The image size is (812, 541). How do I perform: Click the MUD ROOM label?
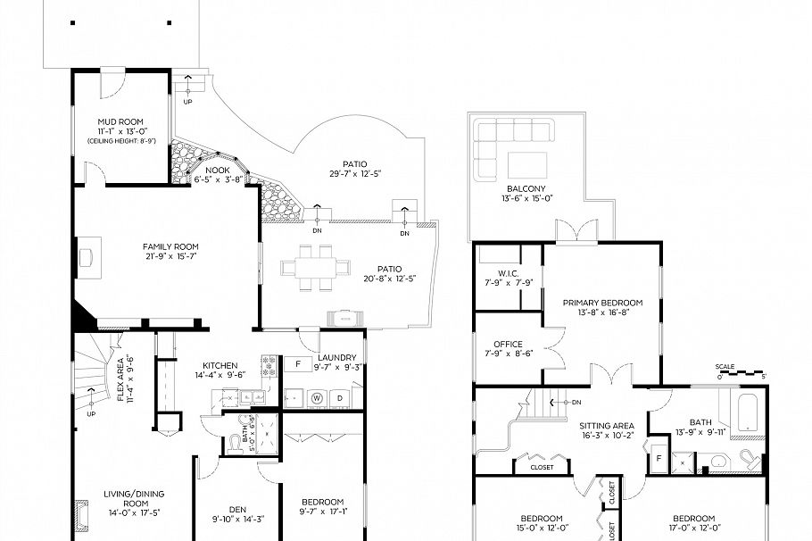120,121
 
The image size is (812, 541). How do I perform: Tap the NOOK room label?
218,170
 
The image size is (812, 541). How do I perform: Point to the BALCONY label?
526,188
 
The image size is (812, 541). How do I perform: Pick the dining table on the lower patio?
309,267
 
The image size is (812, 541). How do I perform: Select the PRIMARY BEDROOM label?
602,303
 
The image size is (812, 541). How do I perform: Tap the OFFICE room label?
508,344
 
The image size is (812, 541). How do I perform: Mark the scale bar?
738,372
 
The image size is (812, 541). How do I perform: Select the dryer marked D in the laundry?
341,396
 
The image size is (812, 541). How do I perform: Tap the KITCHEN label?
220,366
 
